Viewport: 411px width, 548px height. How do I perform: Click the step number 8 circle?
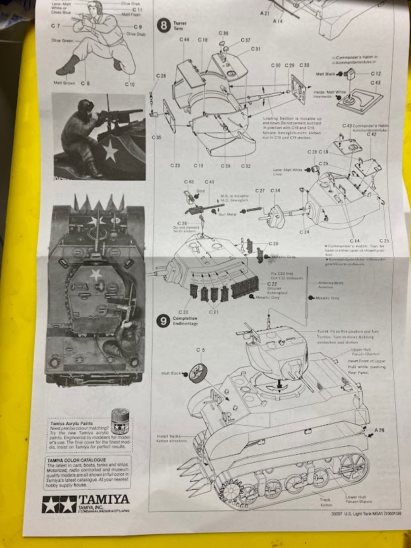[x=164, y=26]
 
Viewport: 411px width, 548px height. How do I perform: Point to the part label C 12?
[x=375, y=73]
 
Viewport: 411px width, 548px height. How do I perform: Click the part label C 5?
[x=200, y=348]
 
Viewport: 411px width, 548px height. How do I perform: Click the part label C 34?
[x=275, y=190]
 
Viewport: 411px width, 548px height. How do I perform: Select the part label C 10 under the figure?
[x=129, y=84]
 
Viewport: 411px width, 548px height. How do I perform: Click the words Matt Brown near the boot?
[x=65, y=83]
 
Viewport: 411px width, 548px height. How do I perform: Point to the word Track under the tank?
[x=325, y=500]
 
